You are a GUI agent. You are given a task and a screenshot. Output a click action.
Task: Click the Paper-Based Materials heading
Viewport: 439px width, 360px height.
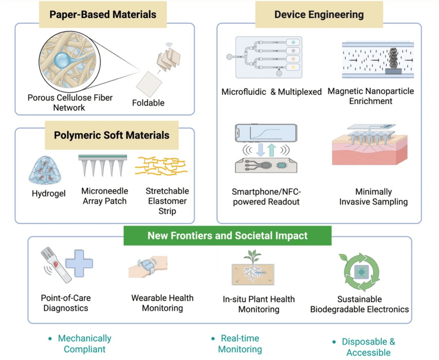point(103,15)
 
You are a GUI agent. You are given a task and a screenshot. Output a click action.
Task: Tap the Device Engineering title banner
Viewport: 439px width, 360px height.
point(319,15)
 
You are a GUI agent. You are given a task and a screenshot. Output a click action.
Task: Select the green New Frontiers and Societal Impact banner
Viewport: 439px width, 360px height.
point(227,236)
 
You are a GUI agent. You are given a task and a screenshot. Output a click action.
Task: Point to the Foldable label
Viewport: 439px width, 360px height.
point(148,103)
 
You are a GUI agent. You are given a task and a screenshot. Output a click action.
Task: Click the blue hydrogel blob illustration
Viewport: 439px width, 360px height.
point(45,170)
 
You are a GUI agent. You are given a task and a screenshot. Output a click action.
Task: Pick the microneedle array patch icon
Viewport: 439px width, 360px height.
point(103,165)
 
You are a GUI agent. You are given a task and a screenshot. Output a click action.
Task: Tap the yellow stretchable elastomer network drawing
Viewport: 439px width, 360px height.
point(161,166)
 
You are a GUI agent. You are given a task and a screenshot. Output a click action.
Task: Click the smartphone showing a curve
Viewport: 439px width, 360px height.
point(266,133)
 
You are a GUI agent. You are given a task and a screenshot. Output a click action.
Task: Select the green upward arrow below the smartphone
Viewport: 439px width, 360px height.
point(271,150)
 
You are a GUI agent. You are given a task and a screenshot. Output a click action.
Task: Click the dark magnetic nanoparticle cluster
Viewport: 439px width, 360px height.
point(394,59)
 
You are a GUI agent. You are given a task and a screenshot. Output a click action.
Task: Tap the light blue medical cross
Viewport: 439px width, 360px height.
point(79,264)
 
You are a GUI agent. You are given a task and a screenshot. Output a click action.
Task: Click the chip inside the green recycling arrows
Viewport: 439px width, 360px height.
point(361,272)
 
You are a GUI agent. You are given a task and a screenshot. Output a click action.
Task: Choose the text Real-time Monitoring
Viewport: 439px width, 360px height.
point(240,344)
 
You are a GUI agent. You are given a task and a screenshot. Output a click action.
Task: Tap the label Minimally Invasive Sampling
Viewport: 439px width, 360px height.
point(373,197)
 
